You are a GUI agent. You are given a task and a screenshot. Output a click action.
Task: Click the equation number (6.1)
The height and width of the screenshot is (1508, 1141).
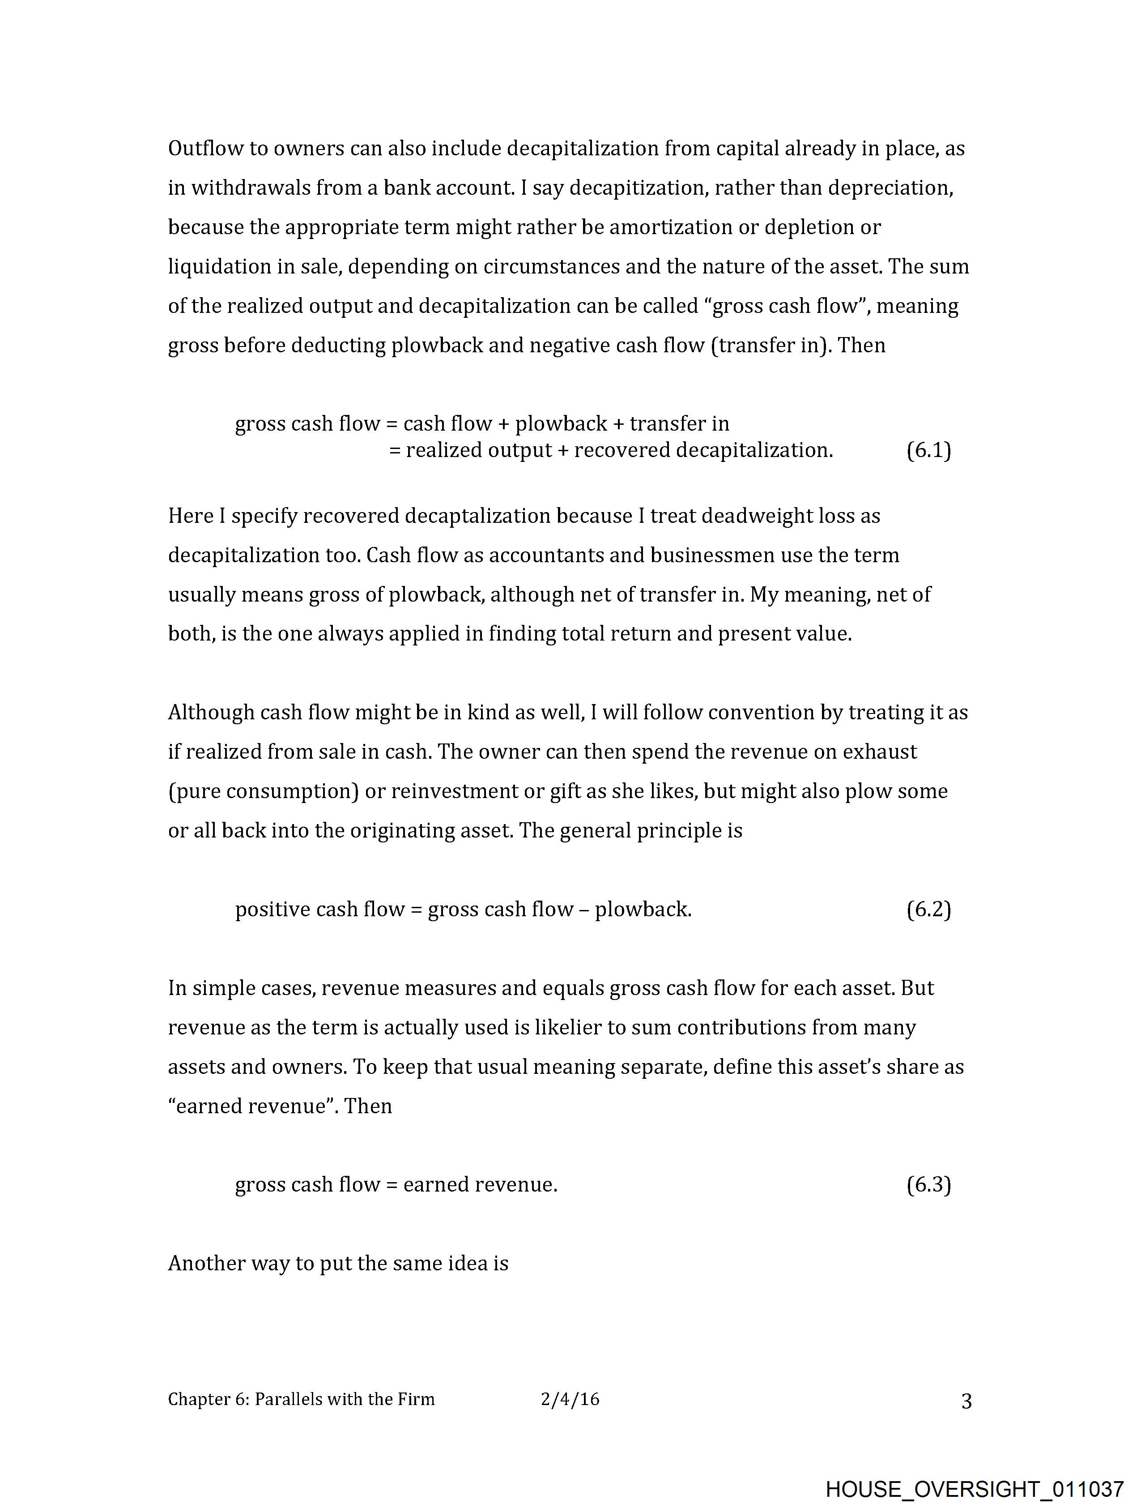928,451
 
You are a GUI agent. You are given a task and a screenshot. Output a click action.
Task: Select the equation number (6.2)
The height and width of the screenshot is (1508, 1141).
928,910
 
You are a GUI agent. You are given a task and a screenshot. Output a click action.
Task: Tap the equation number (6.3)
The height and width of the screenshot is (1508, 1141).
928,1185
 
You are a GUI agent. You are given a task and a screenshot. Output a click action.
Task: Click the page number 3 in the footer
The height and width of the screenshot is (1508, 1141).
966,1401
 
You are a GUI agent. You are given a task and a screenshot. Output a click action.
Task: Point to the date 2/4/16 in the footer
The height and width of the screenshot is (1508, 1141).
570,1400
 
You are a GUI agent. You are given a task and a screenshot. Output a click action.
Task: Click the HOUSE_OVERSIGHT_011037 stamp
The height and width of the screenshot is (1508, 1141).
974,1488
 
